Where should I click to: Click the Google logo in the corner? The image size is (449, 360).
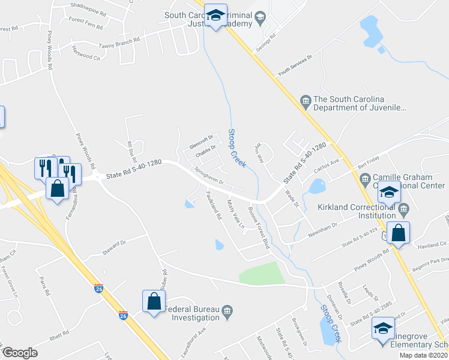[x=20, y=352]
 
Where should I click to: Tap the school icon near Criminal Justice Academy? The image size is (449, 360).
[x=215, y=16]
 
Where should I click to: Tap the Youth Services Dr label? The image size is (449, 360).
[x=295, y=67]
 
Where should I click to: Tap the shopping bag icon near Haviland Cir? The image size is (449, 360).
[x=398, y=233]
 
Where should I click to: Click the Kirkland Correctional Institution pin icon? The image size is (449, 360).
[x=403, y=210]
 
